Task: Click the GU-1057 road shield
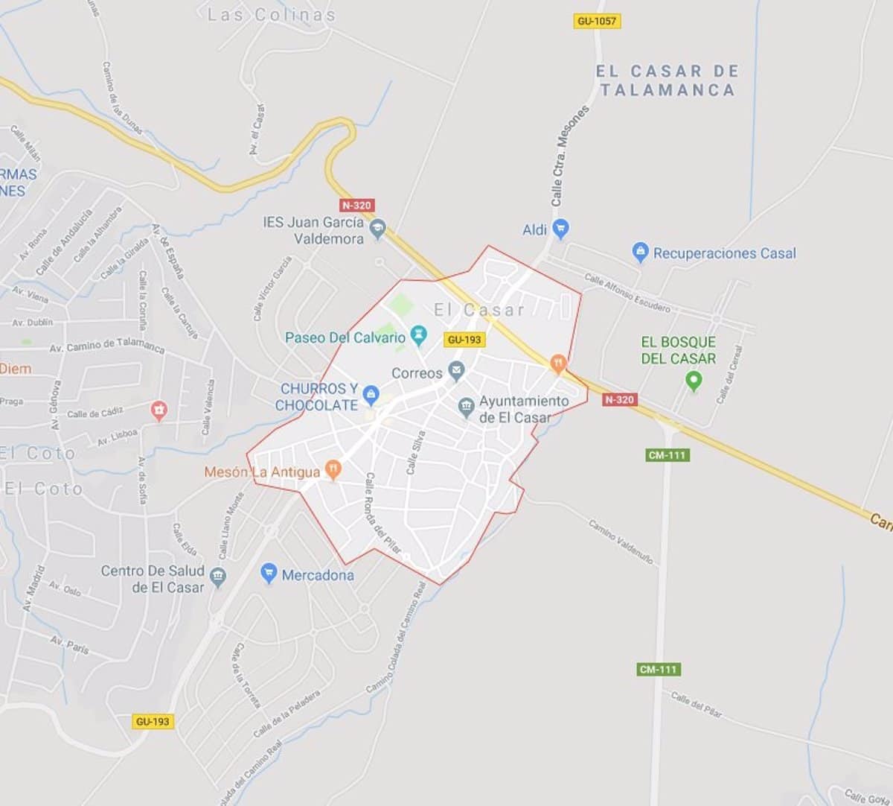point(597,21)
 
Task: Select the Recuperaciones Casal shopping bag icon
point(639,253)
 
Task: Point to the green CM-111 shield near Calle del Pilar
point(659,670)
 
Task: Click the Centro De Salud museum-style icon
point(218,577)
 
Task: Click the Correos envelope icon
point(456,371)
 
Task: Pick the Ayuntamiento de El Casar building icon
point(466,406)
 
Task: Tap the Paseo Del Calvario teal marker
point(420,336)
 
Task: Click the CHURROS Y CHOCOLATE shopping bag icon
point(370,394)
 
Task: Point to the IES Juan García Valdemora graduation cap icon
point(378,229)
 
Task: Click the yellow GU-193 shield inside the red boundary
point(464,340)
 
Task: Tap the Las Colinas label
point(271,14)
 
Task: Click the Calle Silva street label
point(415,451)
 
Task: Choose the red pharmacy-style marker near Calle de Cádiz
point(158,410)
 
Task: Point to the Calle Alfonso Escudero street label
point(627,292)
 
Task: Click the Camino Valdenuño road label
point(621,542)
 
